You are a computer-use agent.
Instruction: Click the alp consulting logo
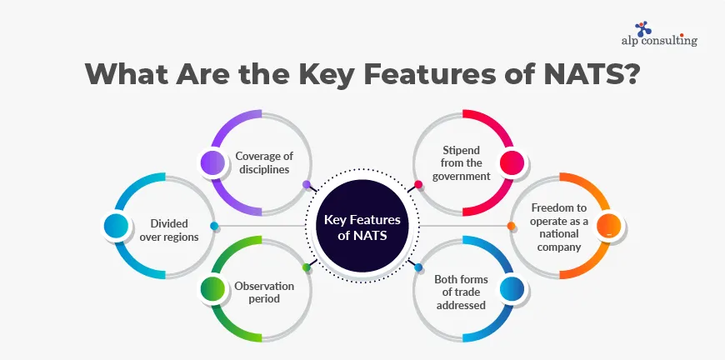(659, 32)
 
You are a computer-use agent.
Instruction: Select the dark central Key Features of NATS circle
(362, 226)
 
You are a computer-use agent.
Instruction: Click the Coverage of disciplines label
(262, 162)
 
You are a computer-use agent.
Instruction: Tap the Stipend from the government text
(460, 162)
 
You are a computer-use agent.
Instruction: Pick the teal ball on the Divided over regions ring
(115, 226)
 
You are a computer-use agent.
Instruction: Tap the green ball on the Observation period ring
(212, 289)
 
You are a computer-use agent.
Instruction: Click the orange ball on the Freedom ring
(609, 225)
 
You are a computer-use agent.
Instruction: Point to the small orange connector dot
(511, 226)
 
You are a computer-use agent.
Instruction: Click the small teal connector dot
(214, 226)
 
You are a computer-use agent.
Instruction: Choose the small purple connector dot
(307, 185)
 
